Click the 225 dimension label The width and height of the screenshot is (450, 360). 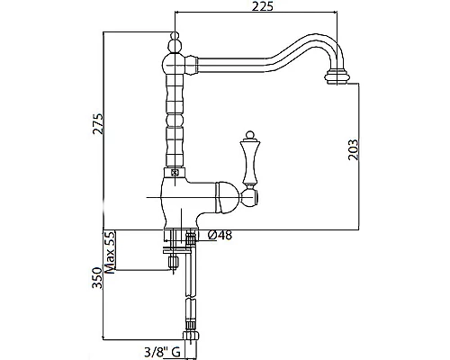click(x=263, y=6)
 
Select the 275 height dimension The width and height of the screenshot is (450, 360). click(x=98, y=123)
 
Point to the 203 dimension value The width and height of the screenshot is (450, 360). click(x=354, y=149)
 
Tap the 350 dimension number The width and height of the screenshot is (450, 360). click(x=97, y=278)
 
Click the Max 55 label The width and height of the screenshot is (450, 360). click(x=110, y=252)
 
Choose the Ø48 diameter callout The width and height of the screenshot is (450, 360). click(x=220, y=236)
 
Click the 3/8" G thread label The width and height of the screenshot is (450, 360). click(x=162, y=351)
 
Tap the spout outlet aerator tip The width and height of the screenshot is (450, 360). click(x=337, y=76)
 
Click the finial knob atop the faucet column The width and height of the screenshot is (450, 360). click(x=175, y=42)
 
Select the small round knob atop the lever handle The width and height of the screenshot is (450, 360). click(x=249, y=135)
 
